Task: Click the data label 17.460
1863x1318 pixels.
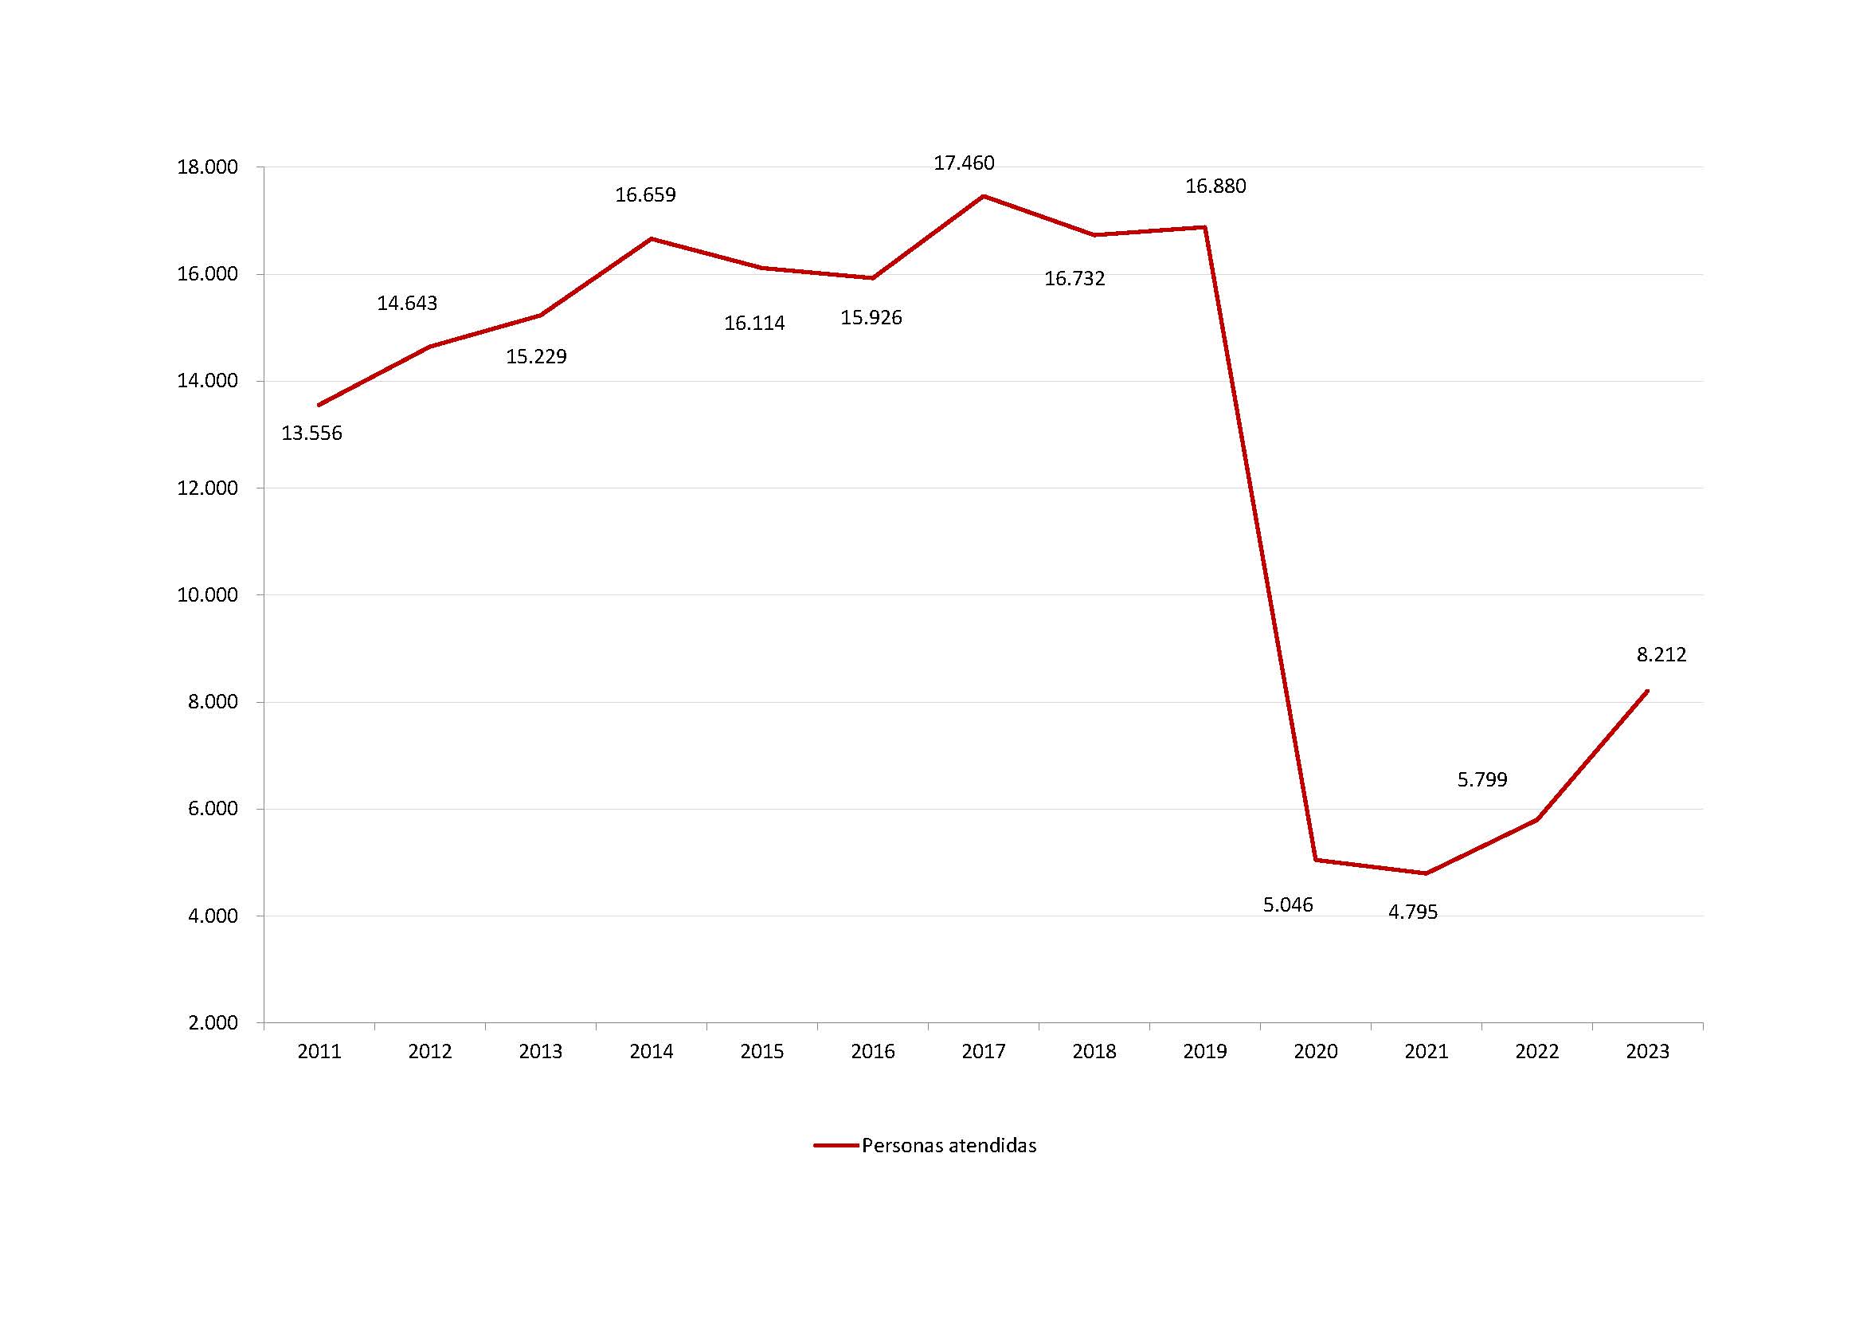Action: coord(963,163)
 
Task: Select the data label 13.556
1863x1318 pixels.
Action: coord(311,433)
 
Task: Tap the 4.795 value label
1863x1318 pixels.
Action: coord(1413,912)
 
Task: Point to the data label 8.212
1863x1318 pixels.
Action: coord(1661,654)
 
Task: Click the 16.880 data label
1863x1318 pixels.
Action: coord(1215,186)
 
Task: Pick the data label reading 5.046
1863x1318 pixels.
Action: coord(1288,905)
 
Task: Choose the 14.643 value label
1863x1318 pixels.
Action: coord(406,304)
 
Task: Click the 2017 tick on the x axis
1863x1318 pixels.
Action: coord(984,1052)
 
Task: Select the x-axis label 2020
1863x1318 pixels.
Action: coord(1315,1052)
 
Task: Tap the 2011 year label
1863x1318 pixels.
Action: coord(319,1052)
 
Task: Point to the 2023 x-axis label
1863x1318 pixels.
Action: coord(1647,1052)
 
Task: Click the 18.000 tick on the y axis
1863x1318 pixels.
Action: coord(208,168)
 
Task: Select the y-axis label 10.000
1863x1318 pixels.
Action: coord(208,596)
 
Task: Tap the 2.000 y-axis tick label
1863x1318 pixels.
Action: coord(213,1023)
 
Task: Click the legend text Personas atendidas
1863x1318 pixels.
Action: coord(949,1146)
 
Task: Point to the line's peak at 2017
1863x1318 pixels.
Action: coord(984,196)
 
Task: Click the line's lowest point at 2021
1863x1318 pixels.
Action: coord(1426,873)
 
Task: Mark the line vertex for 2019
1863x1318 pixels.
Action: coord(1205,227)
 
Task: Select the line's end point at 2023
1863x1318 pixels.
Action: coord(1647,691)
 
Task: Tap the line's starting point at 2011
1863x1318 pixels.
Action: coord(319,405)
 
